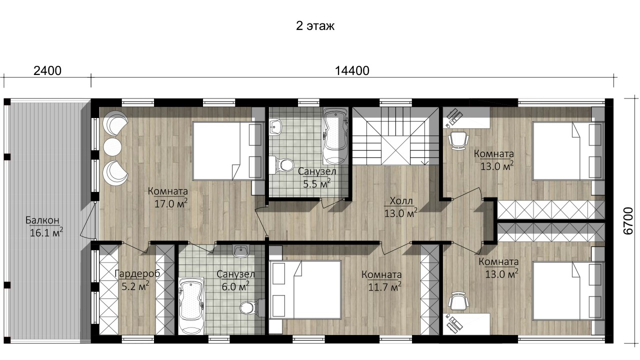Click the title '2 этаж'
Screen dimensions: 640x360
315,26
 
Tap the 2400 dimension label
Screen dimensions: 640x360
47,71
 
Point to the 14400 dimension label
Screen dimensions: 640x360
352,71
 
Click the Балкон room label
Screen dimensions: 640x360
42,220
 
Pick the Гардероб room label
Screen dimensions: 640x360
137,273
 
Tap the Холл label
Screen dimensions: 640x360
401,201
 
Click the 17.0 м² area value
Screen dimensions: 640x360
171,203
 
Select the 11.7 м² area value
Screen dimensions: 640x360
384,286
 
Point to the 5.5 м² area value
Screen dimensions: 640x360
316,183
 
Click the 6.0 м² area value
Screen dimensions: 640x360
235,286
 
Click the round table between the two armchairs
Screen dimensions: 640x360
112,147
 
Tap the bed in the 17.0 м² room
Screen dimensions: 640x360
227,151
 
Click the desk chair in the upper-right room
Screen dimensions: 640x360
458,140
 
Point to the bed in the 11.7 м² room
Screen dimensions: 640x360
305,289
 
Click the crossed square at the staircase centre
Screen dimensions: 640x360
396,150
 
